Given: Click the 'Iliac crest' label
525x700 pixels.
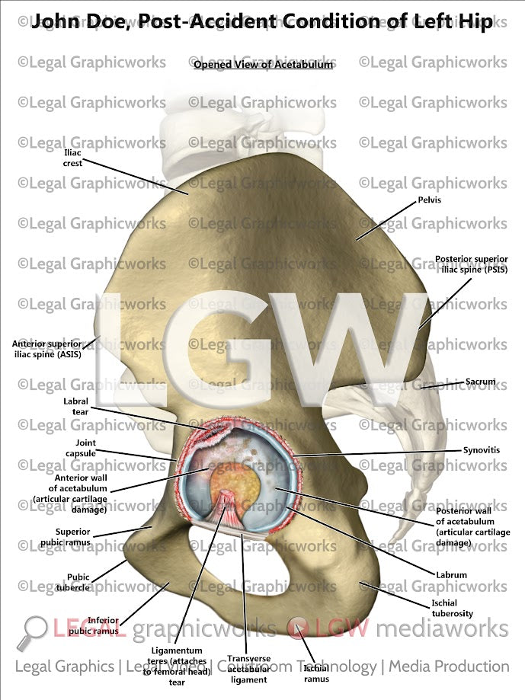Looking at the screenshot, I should pyautogui.click(x=72, y=158).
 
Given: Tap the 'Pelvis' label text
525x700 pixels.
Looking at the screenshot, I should pyautogui.click(x=430, y=200).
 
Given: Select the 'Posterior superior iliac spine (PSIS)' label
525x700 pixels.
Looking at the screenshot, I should pyautogui.click(x=471, y=264).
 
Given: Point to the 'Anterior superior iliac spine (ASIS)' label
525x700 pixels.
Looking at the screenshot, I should pyautogui.click(x=46, y=349).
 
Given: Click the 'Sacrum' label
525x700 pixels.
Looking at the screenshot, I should pyautogui.click(x=481, y=382).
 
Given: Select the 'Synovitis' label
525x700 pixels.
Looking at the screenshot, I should pyautogui.click(x=482, y=450).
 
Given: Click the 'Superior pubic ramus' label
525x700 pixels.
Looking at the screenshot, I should pyautogui.click(x=73, y=537).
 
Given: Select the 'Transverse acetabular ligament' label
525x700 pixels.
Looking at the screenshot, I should pyautogui.click(x=249, y=669).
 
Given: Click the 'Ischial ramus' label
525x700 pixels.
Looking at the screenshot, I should pyautogui.click(x=316, y=673).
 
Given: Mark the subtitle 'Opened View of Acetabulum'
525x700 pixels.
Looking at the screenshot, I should pyautogui.click(x=263, y=65).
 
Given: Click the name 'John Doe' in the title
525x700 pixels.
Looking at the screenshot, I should pyautogui.click(x=73, y=21).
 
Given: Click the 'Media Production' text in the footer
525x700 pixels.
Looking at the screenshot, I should pyautogui.click(x=449, y=666).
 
